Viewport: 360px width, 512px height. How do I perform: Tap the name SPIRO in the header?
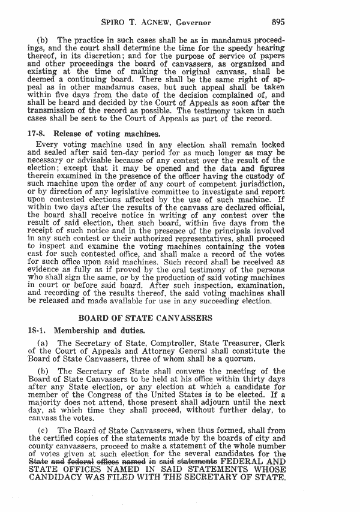(x=116, y=23)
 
